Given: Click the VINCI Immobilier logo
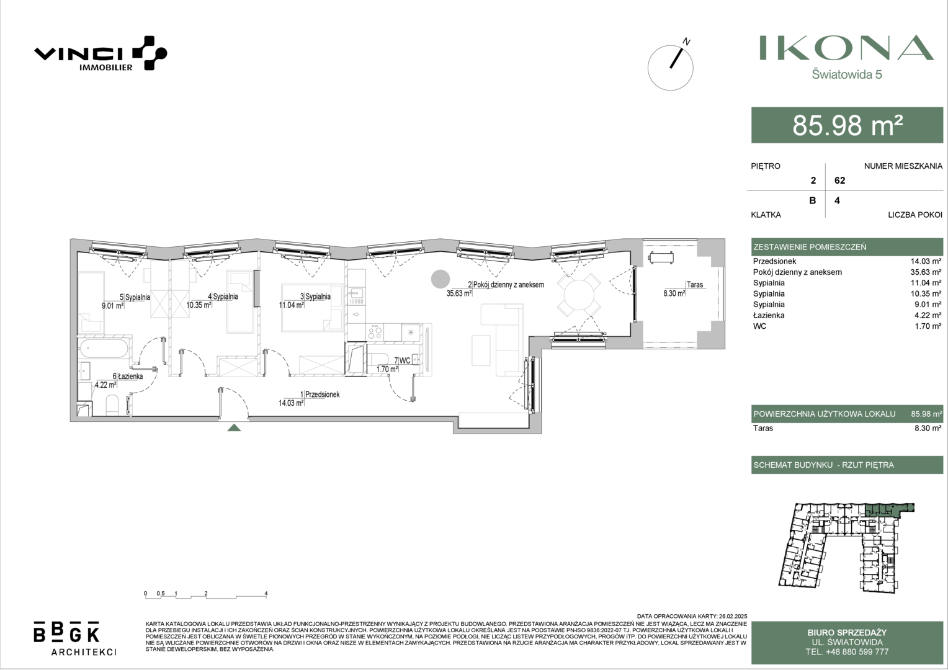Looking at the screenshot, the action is pyautogui.click(x=101, y=53).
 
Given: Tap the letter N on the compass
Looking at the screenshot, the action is pyautogui.click(x=686, y=42).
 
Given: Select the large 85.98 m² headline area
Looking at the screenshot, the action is pyautogui.click(x=847, y=125).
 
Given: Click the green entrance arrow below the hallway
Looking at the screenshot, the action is pyautogui.click(x=234, y=427).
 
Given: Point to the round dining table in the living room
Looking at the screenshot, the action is pyautogui.click(x=578, y=295).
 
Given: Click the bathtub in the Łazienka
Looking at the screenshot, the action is pyautogui.click(x=103, y=349).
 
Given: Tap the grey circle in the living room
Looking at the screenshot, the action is pyautogui.click(x=440, y=279).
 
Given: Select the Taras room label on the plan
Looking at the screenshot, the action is pyautogui.click(x=695, y=284).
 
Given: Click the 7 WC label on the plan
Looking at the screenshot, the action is pyautogui.click(x=402, y=360).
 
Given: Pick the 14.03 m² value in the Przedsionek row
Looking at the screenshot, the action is pyautogui.click(x=926, y=262).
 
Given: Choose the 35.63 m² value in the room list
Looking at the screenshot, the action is pyautogui.click(x=926, y=272).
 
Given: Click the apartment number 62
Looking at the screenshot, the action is pyautogui.click(x=839, y=181).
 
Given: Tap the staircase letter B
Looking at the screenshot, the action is pyautogui.click(x=813, y=200).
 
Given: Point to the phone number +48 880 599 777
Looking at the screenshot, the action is pyautogui.click(x=847, y=652).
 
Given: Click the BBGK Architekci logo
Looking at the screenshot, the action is pyautogui.click(x=75, y=638).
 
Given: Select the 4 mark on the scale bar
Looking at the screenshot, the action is pyautogui.click(x=266, y=594).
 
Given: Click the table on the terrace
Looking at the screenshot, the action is pyautogui.click(x=661, y=257).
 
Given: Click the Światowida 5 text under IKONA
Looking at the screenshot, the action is pyautogui.click(x=847, y=74).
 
